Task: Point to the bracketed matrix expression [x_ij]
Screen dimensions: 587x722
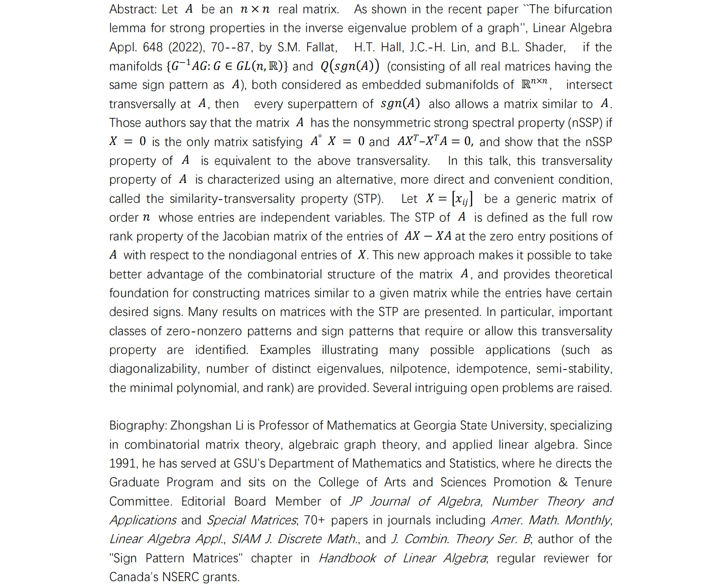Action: (x=462, y=199)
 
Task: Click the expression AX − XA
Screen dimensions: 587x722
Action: (x=428, y=236)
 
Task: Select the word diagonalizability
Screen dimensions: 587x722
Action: (x=155, y=369)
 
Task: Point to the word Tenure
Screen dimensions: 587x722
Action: (x=593, y=482)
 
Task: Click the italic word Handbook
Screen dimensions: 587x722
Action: (x=347, y=558)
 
